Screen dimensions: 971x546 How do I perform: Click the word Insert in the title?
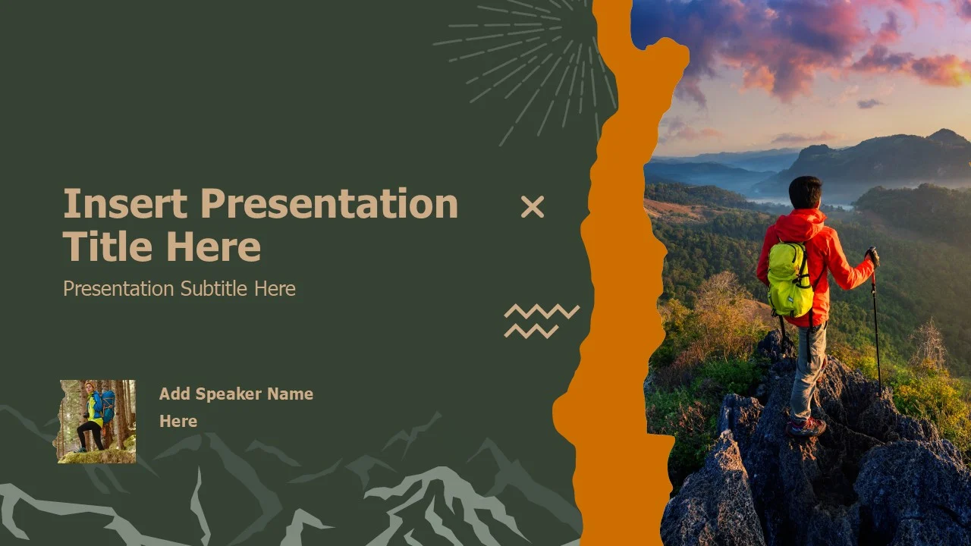125,203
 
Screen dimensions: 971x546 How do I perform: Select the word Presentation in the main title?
329,203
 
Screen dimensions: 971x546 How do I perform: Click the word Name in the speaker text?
290,394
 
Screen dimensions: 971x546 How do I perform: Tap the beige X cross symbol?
533,207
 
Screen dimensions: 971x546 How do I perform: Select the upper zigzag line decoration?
542,311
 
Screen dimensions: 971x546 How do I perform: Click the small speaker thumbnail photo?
96,422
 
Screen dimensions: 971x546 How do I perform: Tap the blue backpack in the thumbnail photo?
107,406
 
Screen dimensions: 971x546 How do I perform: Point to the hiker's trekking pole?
875,321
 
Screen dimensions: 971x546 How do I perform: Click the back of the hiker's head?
805,192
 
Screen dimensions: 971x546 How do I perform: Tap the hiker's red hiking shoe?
806,427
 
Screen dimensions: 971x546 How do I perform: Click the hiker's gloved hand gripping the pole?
872,256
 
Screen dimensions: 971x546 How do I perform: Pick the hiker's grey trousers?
808,372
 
